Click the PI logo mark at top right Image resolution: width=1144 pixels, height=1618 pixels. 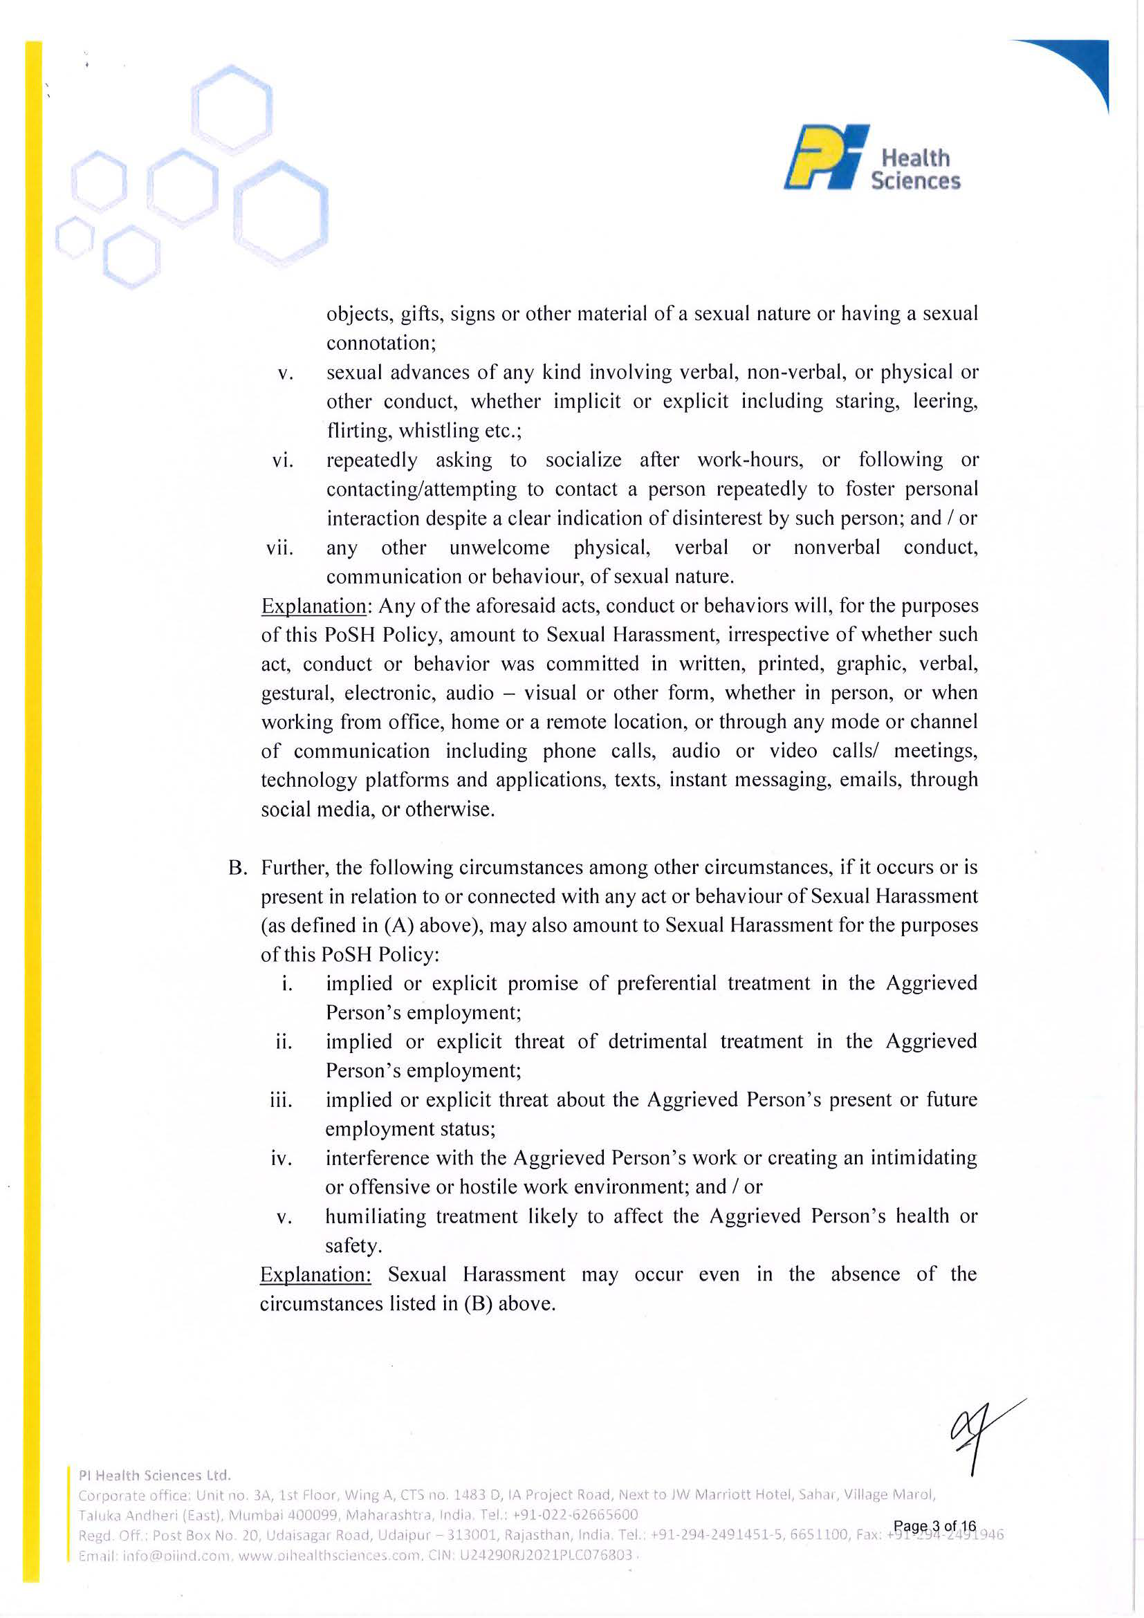pos(825,157)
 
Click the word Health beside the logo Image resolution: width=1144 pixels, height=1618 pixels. pos(915,157)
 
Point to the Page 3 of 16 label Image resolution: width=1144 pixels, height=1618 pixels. pos(934,1525)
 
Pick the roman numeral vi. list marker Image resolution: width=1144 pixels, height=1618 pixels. pos(283,461)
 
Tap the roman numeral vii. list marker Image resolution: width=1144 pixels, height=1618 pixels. pos(279,548)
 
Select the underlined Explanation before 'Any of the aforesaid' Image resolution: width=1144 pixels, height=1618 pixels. pos(313,606)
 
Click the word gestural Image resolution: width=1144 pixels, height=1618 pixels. pos(295,694)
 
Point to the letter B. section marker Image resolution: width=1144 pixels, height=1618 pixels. pos(237,868)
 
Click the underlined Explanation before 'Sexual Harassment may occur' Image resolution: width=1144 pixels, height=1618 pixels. pos(315,1275)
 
